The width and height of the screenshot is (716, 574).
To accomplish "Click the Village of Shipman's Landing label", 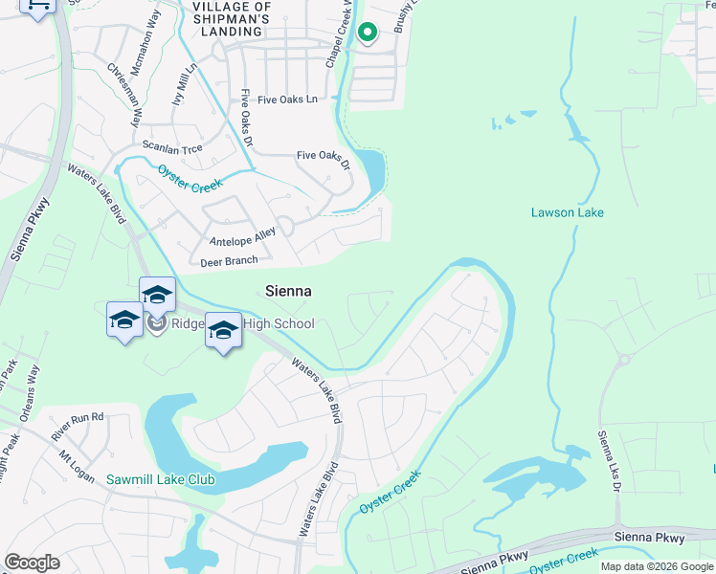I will (x=232, y=18).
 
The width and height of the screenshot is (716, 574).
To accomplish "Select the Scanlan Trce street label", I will (x=167, y=145).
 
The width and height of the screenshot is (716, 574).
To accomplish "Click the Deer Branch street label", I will (x=229, y=261).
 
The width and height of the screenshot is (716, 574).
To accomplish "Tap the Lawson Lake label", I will (x=568, y=212).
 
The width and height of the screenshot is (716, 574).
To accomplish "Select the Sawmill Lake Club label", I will (x=161, y=479).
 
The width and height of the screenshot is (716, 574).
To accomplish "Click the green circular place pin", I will (x=367, y=33).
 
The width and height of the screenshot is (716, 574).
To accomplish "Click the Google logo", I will (x=32, y=563).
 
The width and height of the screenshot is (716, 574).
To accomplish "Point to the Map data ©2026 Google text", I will (x=656, y=566).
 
